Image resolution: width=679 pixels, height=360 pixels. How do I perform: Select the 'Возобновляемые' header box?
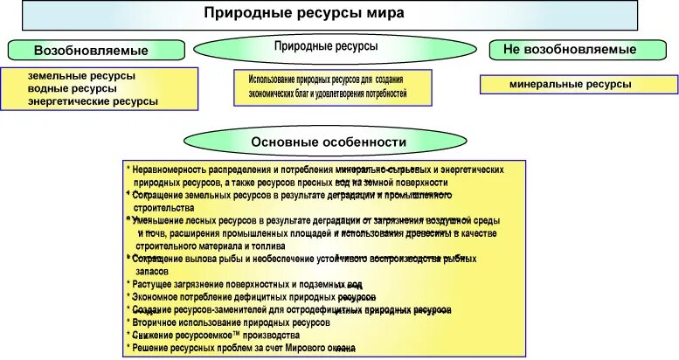coord(97,51)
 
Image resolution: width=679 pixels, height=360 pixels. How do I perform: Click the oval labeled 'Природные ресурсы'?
coord(326,45)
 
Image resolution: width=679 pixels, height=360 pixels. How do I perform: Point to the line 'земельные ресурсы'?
coord(82,76)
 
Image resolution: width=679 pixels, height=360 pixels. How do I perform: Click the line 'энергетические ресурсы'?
coord(93,102)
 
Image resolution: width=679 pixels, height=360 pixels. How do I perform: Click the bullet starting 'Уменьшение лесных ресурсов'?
coord(306,234)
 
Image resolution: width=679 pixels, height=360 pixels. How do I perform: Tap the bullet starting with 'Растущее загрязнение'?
coord(245,285)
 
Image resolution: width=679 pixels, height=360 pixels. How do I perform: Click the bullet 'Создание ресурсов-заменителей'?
coord(289,310)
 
